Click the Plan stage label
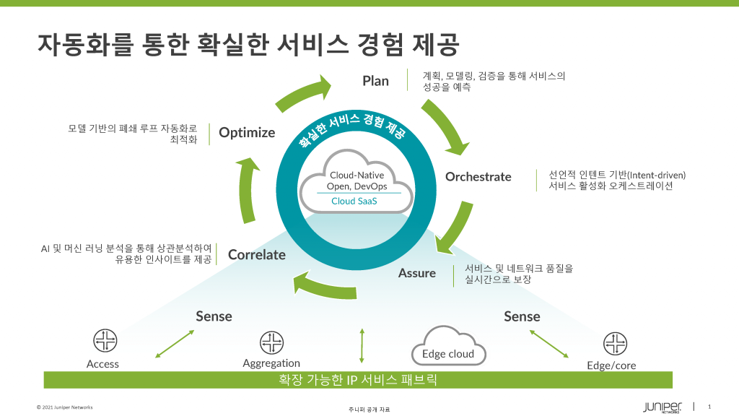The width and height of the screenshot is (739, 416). (375, 81)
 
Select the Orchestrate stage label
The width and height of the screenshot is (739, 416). (478, 177)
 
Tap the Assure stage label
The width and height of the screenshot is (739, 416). (417, 273)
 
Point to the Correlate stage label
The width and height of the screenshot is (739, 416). (257, 254)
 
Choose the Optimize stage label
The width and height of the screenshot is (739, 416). (247, 133)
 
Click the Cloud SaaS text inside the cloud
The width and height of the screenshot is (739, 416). (354, 201)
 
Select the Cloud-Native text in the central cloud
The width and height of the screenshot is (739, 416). (357, 175)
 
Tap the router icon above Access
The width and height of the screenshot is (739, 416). (105, 341)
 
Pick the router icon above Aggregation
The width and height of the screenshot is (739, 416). (271, 342)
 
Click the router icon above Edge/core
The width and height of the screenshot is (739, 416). (615, 344)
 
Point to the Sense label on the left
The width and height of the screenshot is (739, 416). (214, 316)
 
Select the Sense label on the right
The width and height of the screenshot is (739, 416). (522, 316)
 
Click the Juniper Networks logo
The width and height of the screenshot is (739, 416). (662, 406)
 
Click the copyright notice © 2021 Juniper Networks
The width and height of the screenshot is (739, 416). (65, 407)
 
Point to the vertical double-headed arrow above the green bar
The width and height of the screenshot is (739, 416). (362, 345)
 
